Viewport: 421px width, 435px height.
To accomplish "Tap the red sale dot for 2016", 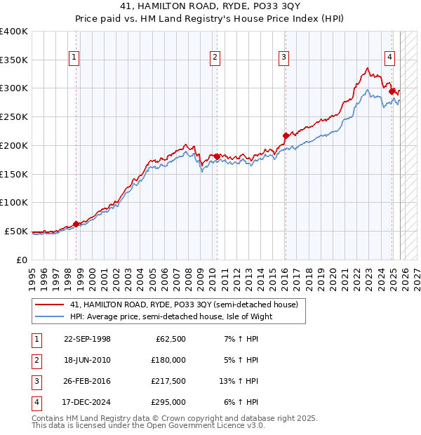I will coord(286,135).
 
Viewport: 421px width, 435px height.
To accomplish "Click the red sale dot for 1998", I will coord(76,224).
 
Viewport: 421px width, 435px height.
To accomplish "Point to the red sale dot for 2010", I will coord(217,156).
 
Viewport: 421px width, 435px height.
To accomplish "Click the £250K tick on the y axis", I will coord(14,116).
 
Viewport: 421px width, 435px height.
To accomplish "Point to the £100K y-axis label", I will coord(14,202).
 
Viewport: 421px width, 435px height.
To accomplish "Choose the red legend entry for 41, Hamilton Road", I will coord(184,304).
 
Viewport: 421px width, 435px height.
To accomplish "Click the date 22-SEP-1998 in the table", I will coord(87,339).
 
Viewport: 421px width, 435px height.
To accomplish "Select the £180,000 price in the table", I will coord(168,360).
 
